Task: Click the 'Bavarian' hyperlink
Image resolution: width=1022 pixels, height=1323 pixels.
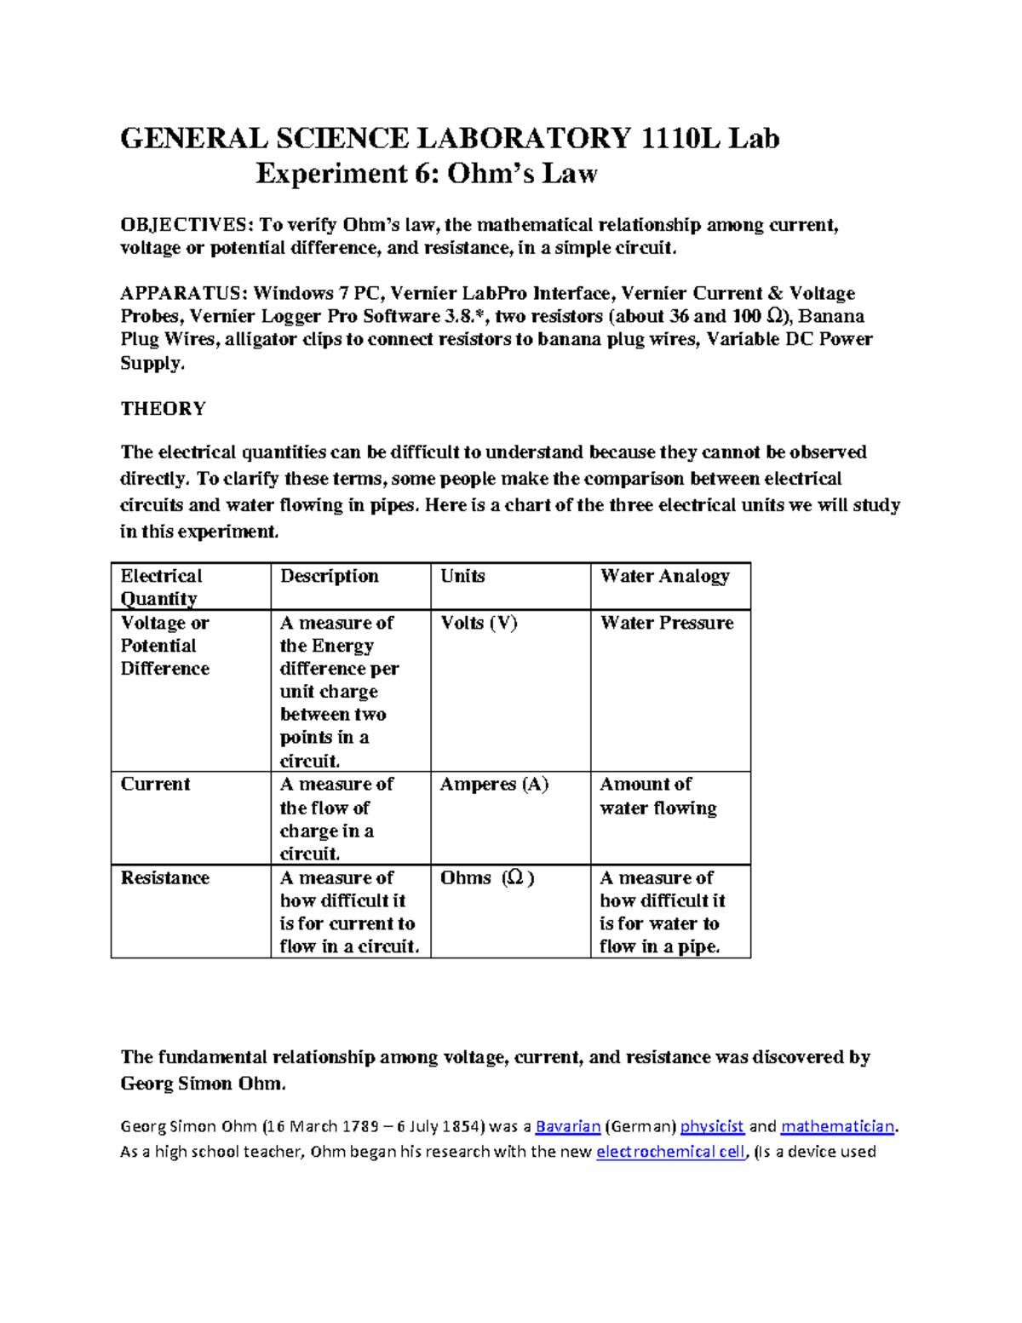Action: (x=568, y=1126)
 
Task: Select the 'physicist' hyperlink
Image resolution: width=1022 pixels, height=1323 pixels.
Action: (x=712, y=1126)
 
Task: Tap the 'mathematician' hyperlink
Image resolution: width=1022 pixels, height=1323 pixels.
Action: (x=837, y=1126)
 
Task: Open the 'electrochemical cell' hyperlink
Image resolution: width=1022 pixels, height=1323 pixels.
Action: (x=670, y=1152)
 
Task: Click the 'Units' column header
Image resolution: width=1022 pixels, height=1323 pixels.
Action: (x=462, y=576)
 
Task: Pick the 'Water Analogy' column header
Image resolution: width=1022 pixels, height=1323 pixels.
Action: (x=664, y=576)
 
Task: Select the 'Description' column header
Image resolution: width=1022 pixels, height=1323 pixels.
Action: (x=329, y=576)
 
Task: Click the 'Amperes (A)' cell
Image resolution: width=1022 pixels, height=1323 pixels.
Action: (x=494, y=784)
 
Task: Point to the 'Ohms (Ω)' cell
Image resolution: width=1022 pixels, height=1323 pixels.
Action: (x=486, y=877)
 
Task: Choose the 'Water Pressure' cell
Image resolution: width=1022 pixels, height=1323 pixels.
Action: (x=666, y=623)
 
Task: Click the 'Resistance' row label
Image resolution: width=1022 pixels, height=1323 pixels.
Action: (x=164, y=877)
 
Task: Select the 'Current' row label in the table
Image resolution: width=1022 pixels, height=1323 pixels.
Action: (x=155, y=784)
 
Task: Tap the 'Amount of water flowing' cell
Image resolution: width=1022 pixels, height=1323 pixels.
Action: (x=657, y=796)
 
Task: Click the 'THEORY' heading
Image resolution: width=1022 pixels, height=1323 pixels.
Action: (x=163, y=409)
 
